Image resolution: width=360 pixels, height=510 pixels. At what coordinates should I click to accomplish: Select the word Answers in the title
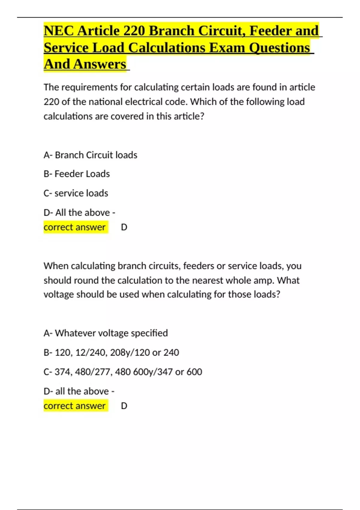(x=100, y=64)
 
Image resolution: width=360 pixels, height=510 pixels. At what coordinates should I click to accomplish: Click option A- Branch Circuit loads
(x=90, y=155)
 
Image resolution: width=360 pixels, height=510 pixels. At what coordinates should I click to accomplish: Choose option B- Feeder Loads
(x=77, y=174)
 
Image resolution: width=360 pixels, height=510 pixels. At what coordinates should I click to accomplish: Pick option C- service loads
(x=76, y=193)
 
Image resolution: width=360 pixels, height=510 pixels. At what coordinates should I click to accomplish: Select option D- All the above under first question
(x=79, y=212)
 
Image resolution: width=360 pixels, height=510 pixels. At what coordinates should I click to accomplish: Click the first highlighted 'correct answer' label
(x=75, y=227)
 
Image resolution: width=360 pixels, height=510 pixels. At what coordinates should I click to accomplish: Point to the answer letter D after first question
(x=124, y=227)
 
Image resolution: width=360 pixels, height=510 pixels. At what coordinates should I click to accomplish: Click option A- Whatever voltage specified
(x=106, y=333)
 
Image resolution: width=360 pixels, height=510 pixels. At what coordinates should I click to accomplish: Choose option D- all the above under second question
(x=79, y=391)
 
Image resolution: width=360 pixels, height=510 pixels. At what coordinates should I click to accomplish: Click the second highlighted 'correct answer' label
(x=75, y=406)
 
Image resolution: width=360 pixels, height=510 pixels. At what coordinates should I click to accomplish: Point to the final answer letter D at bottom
(x=124, y=406)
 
